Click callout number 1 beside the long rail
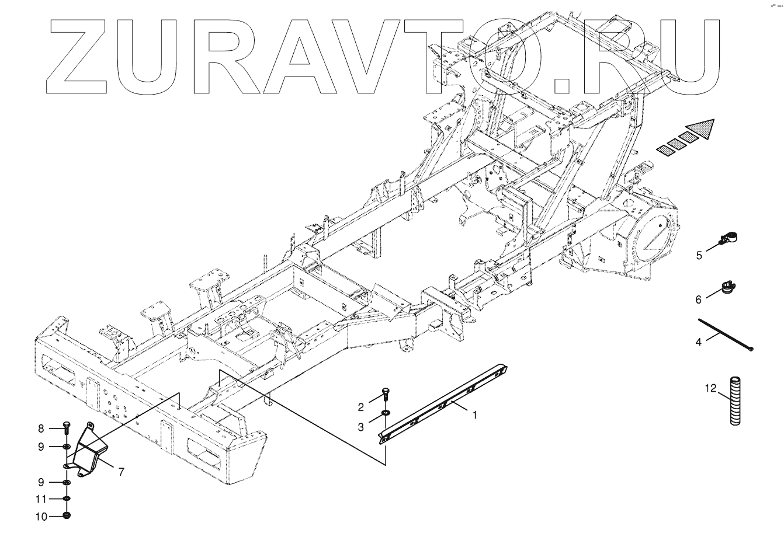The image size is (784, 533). (x=475, y=415)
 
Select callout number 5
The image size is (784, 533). (x=699, y=255)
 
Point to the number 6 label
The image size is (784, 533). (x=698, y=299)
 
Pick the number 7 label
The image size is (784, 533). (x=121, y=472)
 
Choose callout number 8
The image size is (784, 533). (x=41, y=429)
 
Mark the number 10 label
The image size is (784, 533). (x=41, y=516)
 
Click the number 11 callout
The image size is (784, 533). (x=41, y=499)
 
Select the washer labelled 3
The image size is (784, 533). (x=385, y=414)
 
